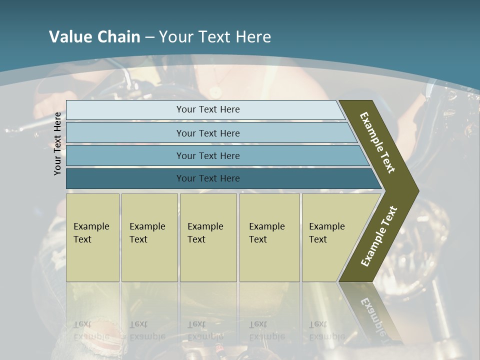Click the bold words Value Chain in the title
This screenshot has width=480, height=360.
coord(94,37)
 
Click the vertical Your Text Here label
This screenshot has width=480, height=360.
coord(57,144)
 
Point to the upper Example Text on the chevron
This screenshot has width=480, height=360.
coord(377,142)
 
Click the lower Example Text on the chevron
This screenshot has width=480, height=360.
coord(379,236)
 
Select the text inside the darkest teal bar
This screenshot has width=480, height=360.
coord(208,178)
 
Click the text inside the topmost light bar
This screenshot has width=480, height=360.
coord(208,109)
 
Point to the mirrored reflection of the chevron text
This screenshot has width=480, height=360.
coord(372,315)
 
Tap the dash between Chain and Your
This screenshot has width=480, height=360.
coord(149,37)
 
